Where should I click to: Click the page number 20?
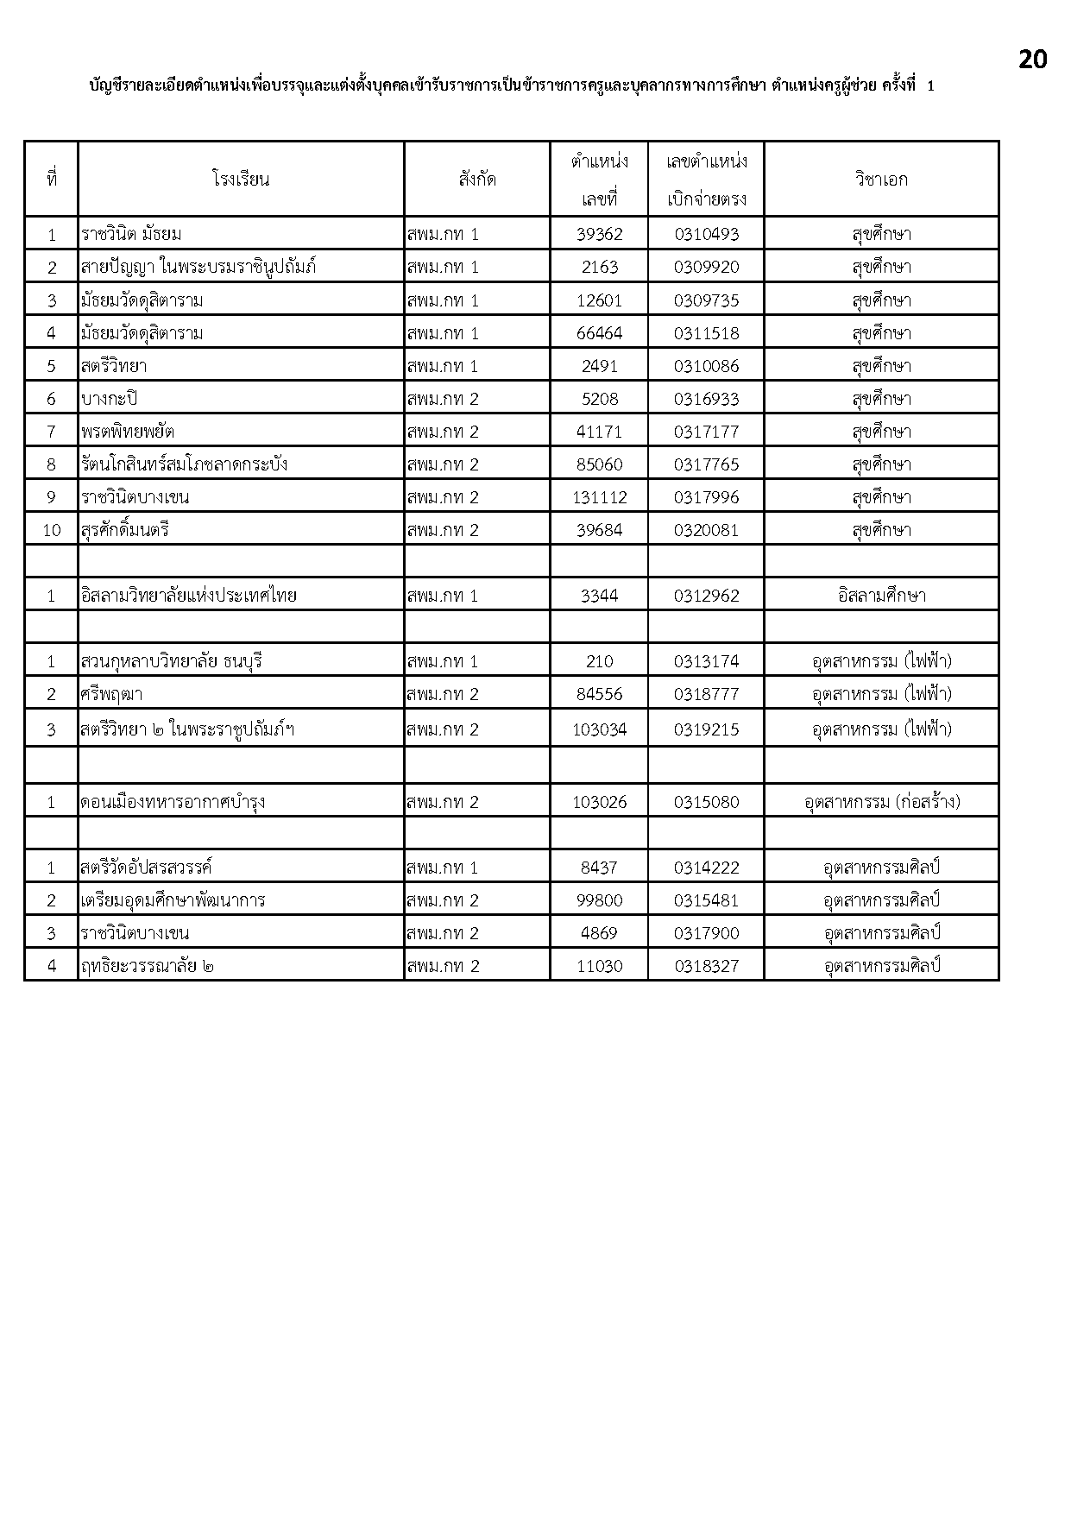[x=1032, y=60]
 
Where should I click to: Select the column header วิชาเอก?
[x=881, y=180]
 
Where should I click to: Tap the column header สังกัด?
[x=476, y=180]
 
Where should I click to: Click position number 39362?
[x=599, y=234]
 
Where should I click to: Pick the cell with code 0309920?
[x=706, y=267]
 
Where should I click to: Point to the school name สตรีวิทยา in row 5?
[x=114, y=366]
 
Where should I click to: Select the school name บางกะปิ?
[x=109, y=399]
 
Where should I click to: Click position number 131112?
[x=599, y=497]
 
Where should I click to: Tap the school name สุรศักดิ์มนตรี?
[x=125, y=530]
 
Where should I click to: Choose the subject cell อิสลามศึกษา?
[x=881, y=596]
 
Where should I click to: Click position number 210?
[x=599, y=661]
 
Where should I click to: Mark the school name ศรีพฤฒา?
[x=112, y=694]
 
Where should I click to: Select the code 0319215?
[x=706, y=729]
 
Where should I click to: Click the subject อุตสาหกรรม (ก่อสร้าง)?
[x=881, y=802]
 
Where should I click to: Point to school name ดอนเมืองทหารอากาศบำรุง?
[x=173, y=802]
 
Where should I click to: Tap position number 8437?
[x=599, y=868]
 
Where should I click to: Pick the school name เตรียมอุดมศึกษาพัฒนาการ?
[x=173, y=900]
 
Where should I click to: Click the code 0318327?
[x=706, y=966]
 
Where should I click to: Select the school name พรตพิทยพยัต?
[x=128, y=432]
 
